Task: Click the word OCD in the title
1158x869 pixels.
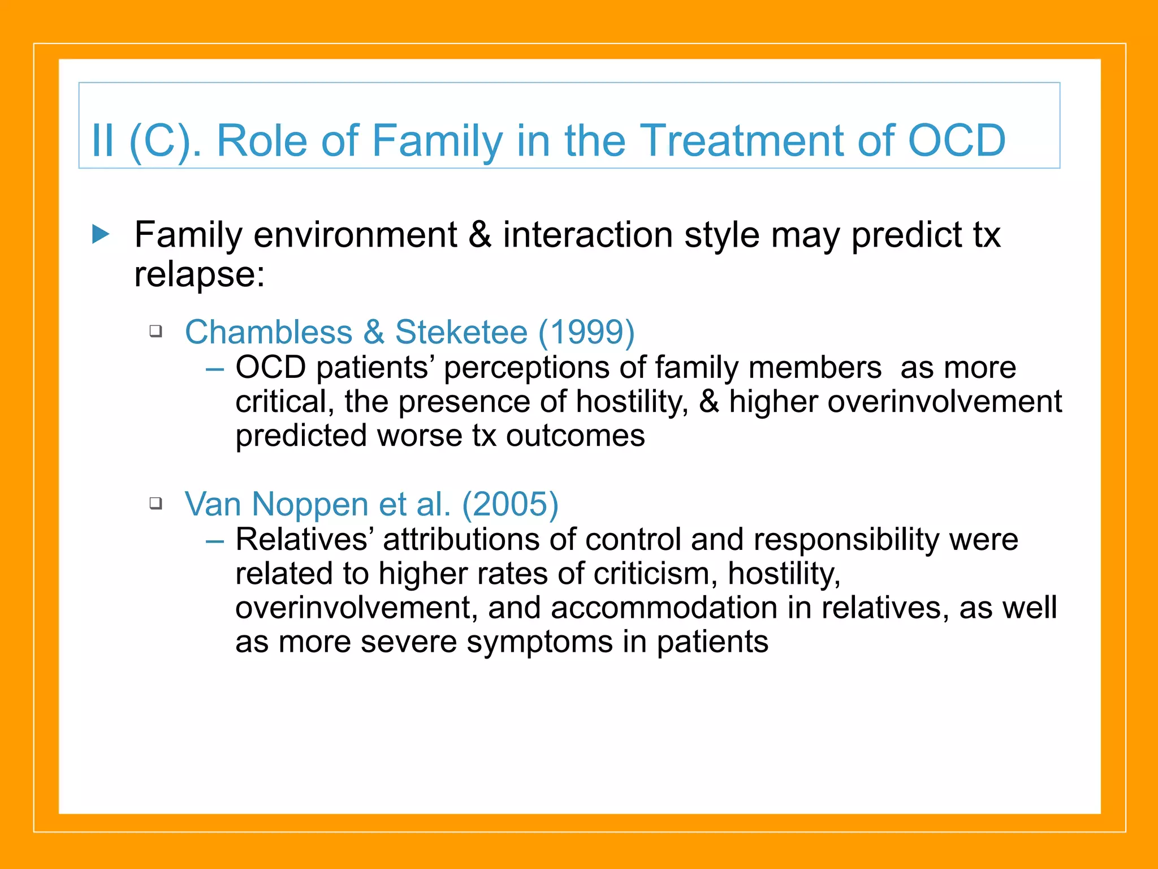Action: pyautogui.click(x=956, y=140)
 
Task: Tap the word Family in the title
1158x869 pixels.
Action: pyautogui.click(x=437, y=141)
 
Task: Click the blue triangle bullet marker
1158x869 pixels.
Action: pyautogui.click(x=101, y=234)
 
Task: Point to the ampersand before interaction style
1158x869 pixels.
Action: pyautogui.click(x=479, y=235)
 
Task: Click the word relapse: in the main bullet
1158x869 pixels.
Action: pyautogui.click(x=199, y=275)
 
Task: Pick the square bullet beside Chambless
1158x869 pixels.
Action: pyautogui.click(x=156, y=330)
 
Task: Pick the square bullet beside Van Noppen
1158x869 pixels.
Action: pyautogui.click(x=156, y=502)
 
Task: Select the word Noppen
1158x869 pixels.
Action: pyautogui.click(x=310, y=505)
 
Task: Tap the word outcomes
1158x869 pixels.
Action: pyautogui.click(x=575, y=436)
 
